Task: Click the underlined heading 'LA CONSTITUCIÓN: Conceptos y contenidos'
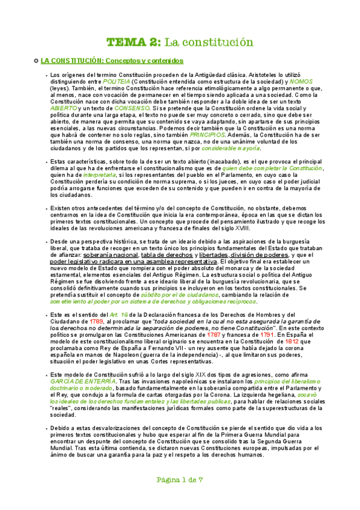111,61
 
